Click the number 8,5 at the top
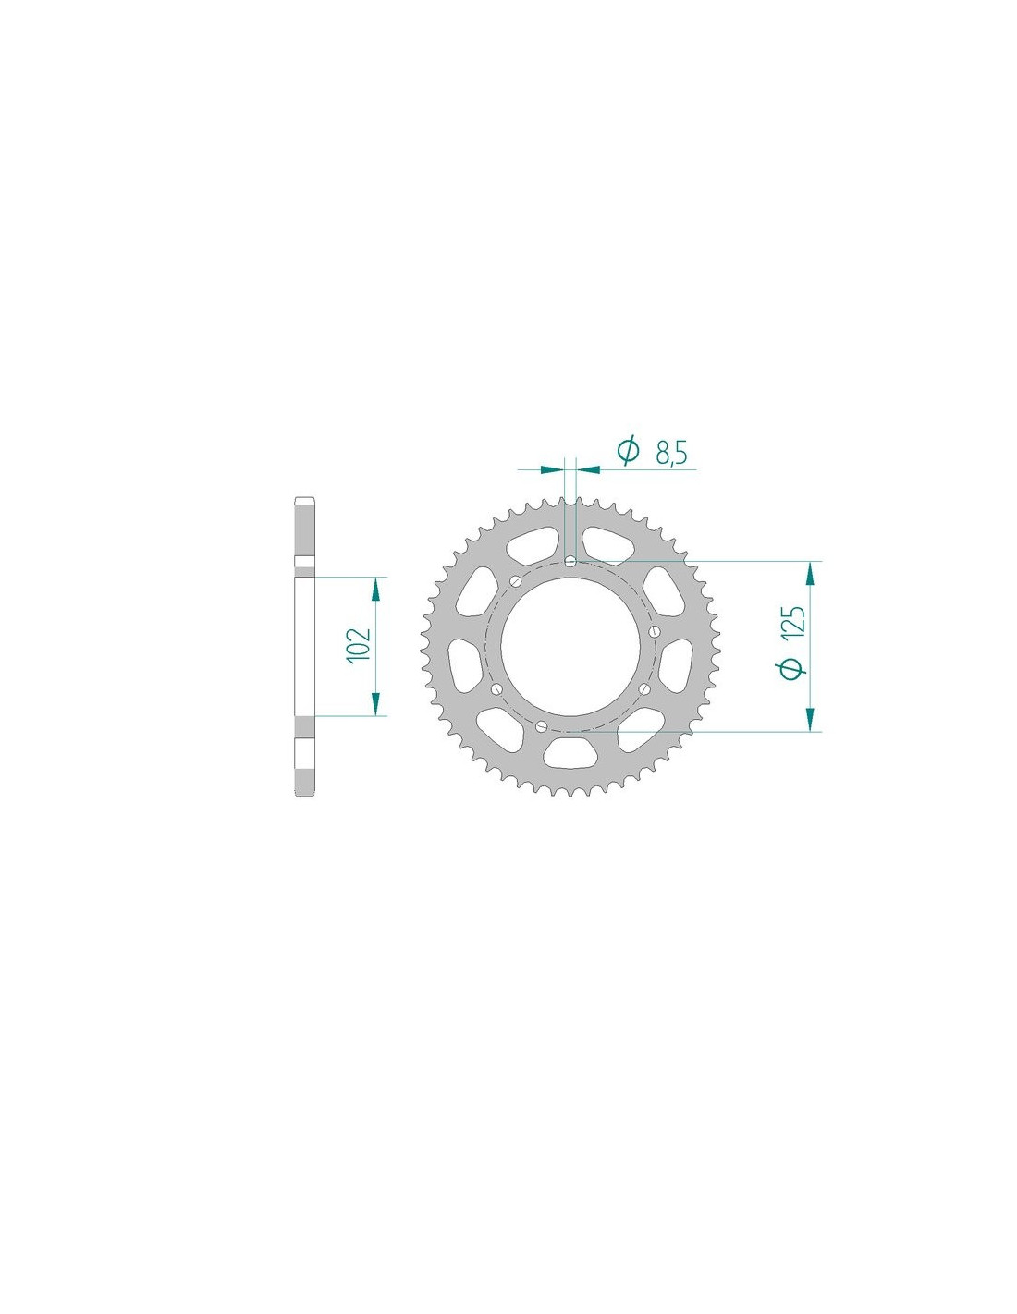tap(671, 453)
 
